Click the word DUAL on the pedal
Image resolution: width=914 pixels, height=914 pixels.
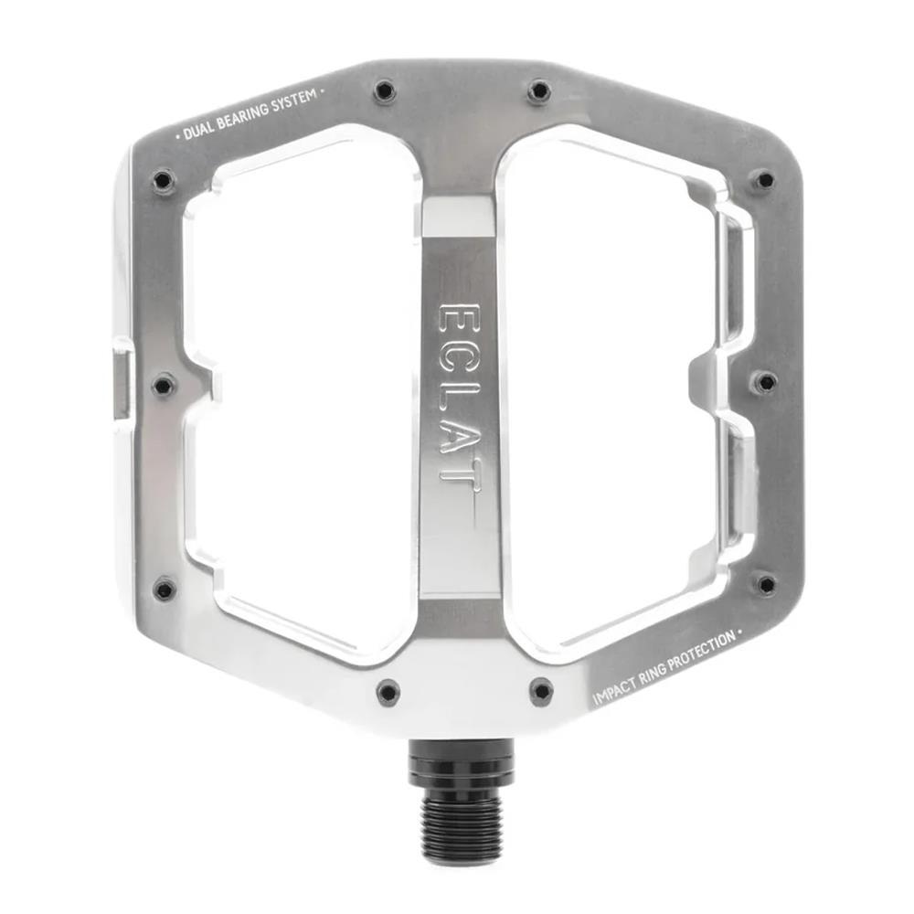point(198,128)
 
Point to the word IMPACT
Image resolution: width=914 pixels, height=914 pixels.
point(614,690)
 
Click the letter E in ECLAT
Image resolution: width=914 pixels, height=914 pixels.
point(457,320)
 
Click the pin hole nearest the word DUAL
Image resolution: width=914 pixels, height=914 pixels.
point(163,180)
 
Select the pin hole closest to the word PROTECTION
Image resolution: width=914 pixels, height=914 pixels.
point(766,583)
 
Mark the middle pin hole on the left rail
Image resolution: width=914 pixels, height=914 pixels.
point(163,385)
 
